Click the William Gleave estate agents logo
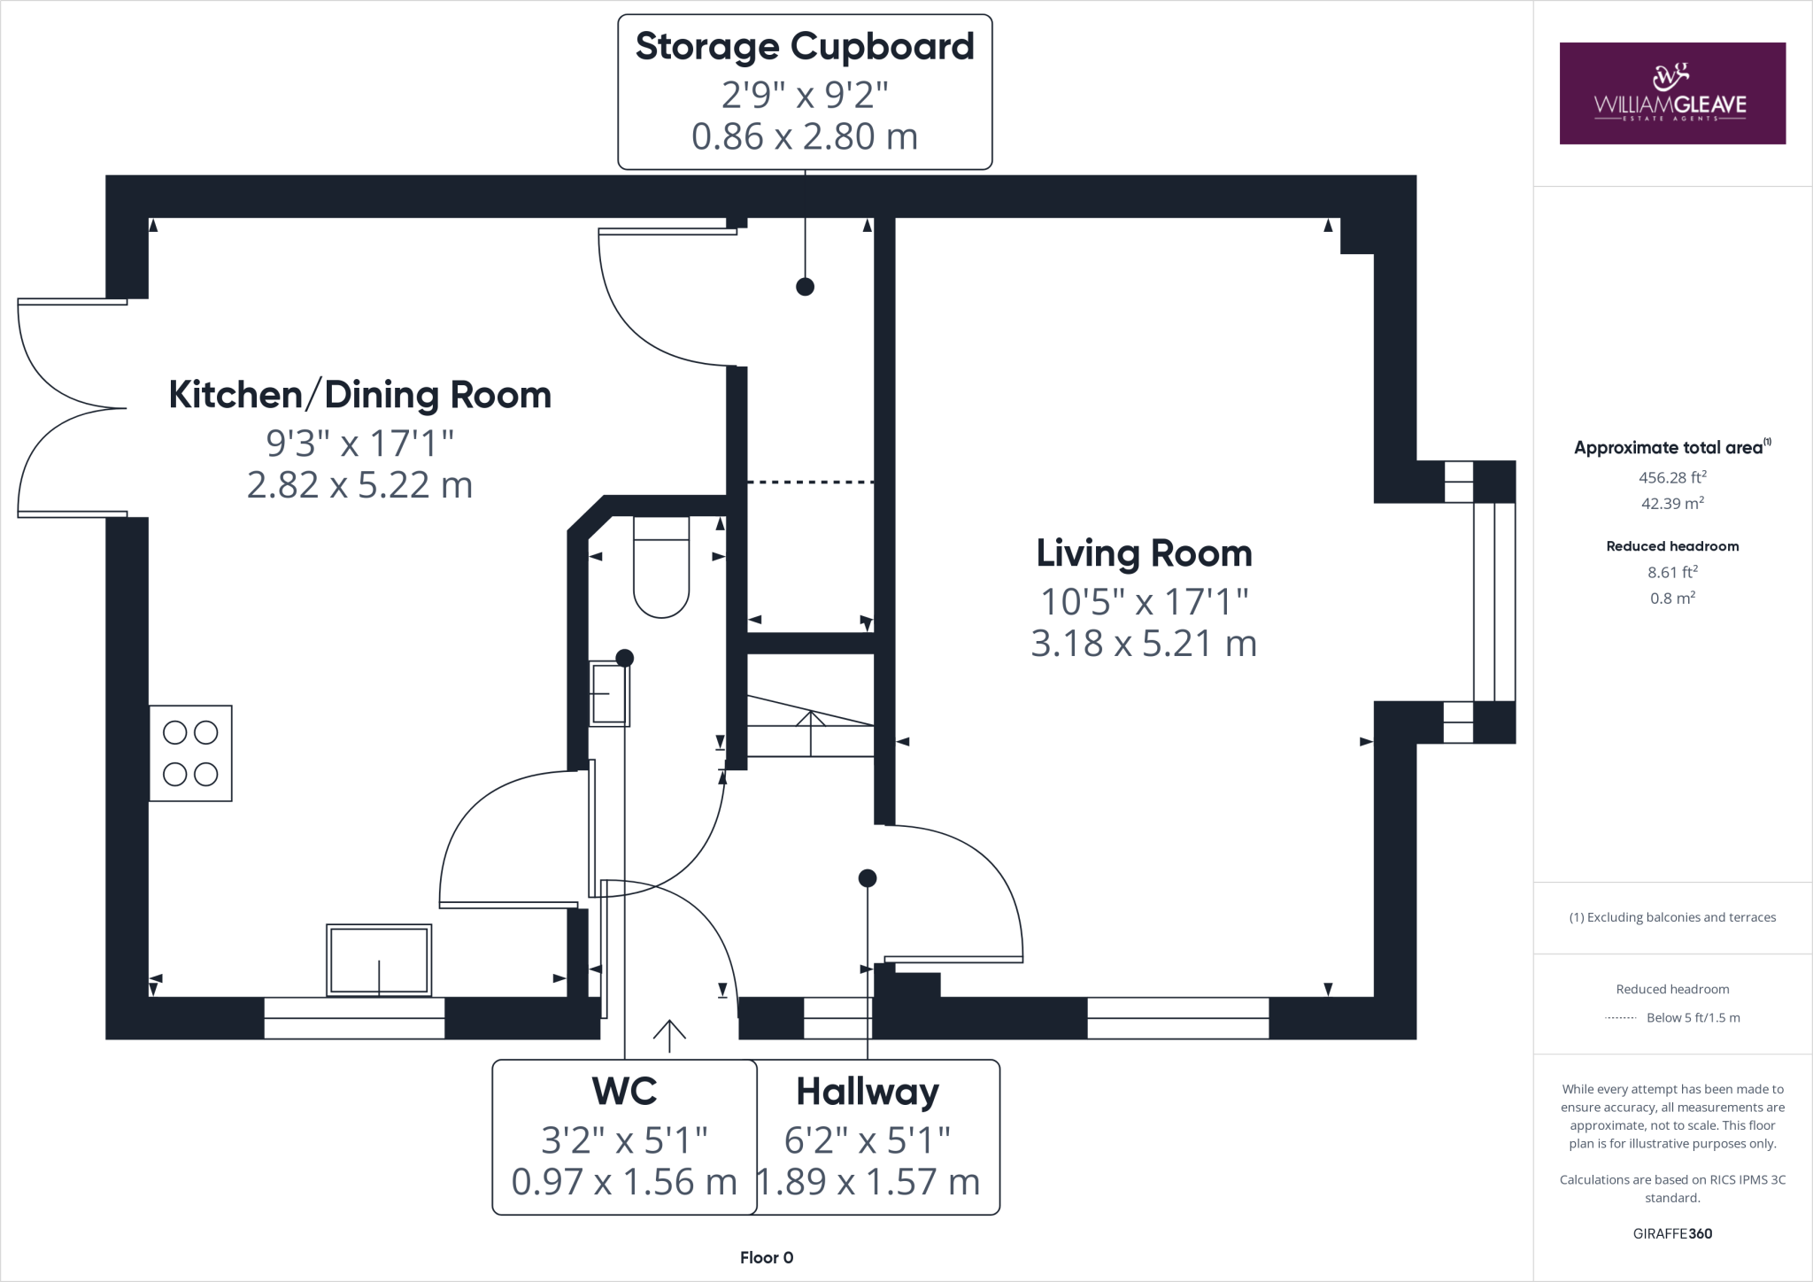point(1671,94)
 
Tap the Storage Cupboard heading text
point(804,47)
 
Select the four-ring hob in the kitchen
point(190,753)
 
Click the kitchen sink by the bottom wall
point(379,960)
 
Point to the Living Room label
point(1144,554)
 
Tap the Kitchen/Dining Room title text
point(359,395)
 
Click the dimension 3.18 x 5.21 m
point(1144,644)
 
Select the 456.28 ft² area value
point(1671,477)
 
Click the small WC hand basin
point(609,694)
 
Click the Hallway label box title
point(867,1092)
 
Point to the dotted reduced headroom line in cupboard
point(810,483)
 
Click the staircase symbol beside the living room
point(811,727)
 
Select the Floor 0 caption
point(767,1257)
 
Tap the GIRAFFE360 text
point(1671,1233)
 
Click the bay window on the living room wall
point(1493,602)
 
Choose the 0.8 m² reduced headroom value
point(1671,599)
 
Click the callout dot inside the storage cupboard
point(805,287)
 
